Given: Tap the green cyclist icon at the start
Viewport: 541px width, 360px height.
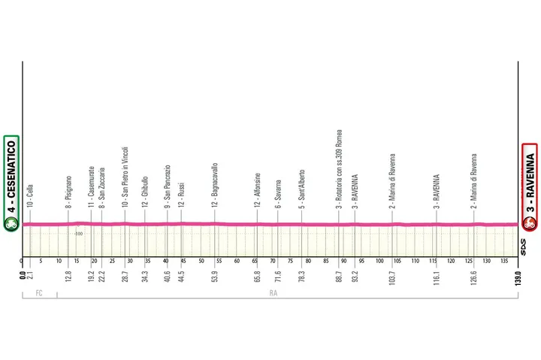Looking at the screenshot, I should click(11, 223).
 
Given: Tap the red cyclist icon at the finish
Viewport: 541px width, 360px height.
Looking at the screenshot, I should click(530, 223).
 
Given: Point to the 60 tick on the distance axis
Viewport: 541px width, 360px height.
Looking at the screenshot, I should click(237, 262).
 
